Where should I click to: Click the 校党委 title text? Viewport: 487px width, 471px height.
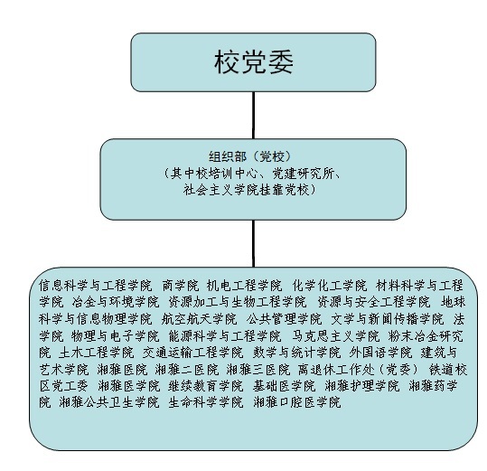pos(253,62)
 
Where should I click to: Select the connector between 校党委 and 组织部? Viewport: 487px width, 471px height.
pos(253,116)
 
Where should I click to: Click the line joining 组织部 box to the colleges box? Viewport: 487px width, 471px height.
pos(253,243)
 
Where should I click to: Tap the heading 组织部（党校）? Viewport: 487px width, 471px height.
pos(251,156)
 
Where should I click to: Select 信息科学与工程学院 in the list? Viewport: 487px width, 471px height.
pos(96,286)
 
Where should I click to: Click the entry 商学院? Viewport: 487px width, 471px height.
pos(181,286)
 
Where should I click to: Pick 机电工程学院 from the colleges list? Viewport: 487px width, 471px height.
pos(245,286)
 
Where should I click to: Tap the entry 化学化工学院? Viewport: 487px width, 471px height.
pos(330,286)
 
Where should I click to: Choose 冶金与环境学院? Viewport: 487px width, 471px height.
pos(116,302)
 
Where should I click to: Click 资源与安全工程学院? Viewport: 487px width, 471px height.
pos(374,302)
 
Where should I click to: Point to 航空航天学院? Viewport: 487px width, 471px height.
pos(199,319)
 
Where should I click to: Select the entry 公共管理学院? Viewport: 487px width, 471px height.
pos(285,319)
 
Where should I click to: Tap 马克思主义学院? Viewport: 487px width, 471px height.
pos(336,336)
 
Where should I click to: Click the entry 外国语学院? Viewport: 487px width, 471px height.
pos(380,353)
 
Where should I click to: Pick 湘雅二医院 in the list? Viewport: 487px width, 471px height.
pos(187,370)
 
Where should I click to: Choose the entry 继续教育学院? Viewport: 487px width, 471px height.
pos(206,386)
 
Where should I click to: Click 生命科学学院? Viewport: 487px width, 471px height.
pos(206,402)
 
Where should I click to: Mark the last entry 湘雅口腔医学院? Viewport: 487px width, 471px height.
pos(297,402)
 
